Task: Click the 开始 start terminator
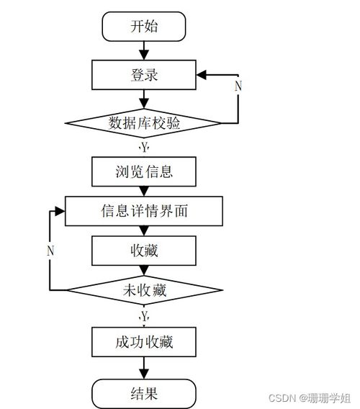tap(144, 27)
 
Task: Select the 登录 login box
tap(144, 74)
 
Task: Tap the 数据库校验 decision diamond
tap(144, 123)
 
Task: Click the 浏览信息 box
tap(144, 171)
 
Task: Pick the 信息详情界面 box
tap(144, 211)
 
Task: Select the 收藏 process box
tap(144, 251)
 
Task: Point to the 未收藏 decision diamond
tap(144, 290)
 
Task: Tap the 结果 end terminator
tap(144, 393)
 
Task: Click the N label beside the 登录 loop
tap(238, 86)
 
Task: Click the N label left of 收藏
tap(50, 251)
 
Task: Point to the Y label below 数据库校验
tap(144, 147)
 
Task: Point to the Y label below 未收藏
tap(144, 315)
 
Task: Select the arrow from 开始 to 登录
tap(144, 50)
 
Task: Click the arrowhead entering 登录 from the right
tap(202, 74)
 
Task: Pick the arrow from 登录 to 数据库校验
tap(144, 99)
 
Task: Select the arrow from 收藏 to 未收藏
tap(144, 271)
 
